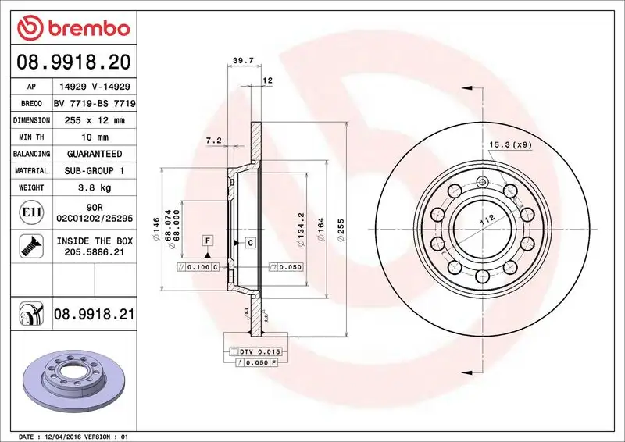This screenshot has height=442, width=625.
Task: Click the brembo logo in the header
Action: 73,29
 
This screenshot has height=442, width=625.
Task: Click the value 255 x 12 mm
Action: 94,120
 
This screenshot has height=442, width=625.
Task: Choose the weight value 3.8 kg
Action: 94,187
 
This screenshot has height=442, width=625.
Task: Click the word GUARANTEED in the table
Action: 94,154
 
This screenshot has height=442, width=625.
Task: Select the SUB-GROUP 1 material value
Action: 94,170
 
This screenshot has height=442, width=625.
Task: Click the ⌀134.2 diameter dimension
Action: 301,230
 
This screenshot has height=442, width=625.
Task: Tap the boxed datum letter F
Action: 208,240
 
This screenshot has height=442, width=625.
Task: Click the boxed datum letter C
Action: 251,243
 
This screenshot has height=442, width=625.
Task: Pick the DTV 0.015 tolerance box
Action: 258,353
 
